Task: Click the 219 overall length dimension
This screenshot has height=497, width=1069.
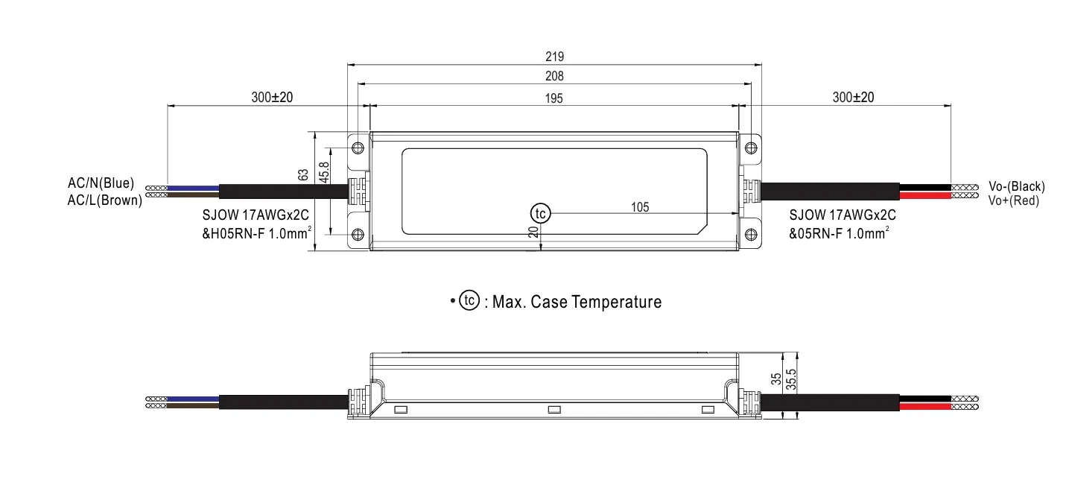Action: (554, 57)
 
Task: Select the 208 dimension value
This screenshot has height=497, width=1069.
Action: (554, 76)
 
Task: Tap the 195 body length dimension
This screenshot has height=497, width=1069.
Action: (553, 98)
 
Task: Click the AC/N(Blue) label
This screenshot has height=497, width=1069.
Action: (101, 183)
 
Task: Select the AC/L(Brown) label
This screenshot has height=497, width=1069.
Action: (104, 200)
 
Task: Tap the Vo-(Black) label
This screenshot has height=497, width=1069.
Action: (1016, 186)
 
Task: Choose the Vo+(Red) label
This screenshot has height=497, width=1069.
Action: (1013, 200)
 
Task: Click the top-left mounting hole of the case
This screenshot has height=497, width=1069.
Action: (358, 147)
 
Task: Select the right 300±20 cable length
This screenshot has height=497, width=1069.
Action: (853, 98)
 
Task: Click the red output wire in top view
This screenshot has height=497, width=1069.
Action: (924, 196)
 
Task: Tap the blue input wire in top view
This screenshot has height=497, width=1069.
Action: (193, 186)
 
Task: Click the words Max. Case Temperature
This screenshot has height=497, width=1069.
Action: (577, 302)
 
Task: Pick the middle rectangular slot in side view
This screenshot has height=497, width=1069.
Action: (553, 410)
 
